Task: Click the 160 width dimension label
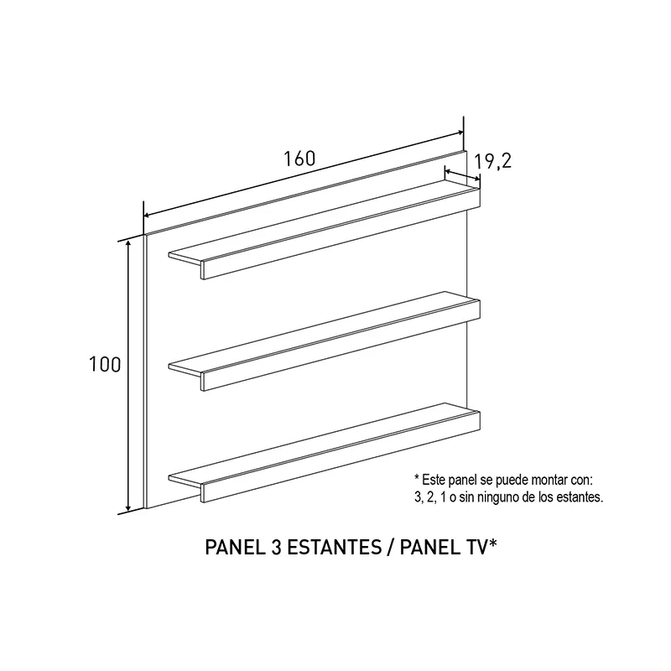tap(299, 159)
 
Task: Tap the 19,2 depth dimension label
tap(493, 161)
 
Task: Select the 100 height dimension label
tap(105, 365)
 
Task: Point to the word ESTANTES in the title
tap(334, 548)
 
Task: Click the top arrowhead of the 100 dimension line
tap(128, 244)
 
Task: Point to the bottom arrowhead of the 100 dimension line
tap(128, 507)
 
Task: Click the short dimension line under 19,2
tap(463, 175)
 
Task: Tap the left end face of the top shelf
tap(185, 262)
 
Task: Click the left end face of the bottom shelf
tap(185, 484)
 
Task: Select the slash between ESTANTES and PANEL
tap(391, 548)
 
